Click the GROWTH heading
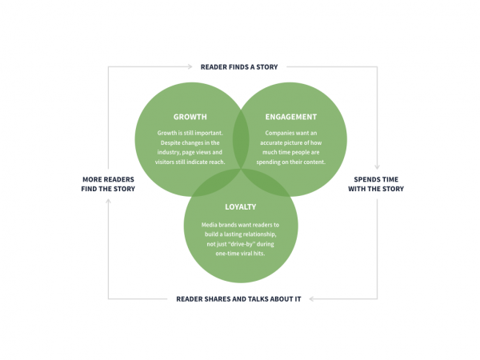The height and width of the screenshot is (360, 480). point(190,117)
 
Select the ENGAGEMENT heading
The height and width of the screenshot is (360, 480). point(290,117)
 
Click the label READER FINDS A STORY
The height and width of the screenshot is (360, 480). point(239,66)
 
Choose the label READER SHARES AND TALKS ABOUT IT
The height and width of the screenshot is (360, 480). point(239,299)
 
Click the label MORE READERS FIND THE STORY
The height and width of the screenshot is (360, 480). point(108,183)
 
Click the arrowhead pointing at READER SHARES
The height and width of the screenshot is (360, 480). point(311,299)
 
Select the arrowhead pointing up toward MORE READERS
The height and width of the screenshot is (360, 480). point(108,202)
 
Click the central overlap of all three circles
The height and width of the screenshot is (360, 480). point(241,164)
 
